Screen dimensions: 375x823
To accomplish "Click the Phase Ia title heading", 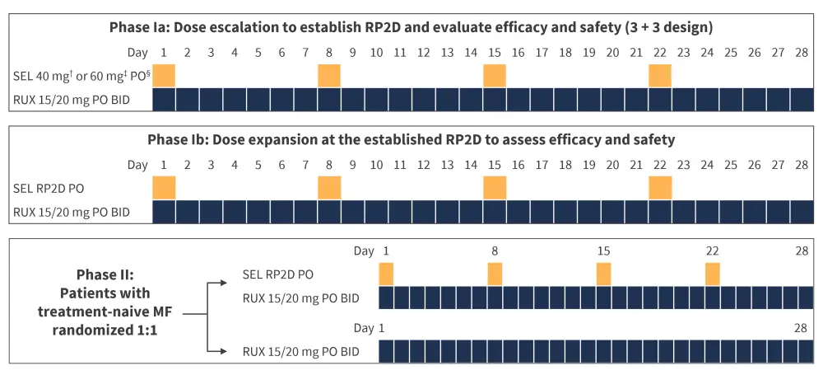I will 411,26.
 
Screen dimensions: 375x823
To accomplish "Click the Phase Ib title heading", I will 411,139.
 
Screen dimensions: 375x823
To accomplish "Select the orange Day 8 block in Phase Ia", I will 329,76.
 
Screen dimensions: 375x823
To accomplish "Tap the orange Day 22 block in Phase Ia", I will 660,76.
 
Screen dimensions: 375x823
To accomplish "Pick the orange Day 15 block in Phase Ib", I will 495,188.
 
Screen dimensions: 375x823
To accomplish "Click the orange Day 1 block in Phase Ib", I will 165,188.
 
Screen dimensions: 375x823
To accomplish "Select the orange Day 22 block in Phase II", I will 713,274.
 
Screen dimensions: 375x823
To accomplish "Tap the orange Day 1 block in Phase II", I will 386,274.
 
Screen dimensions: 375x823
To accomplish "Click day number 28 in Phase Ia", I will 802,53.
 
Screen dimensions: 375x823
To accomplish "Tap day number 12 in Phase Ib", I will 423,165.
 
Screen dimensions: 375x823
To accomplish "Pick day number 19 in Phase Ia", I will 588,53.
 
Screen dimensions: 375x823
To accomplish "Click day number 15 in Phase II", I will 603,251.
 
